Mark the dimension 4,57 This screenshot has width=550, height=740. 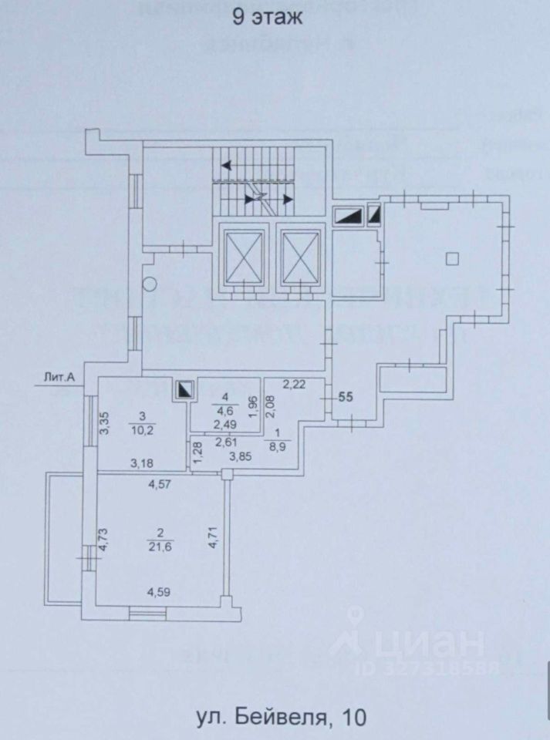click(160, 485)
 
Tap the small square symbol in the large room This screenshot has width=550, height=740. click(454, 258)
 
